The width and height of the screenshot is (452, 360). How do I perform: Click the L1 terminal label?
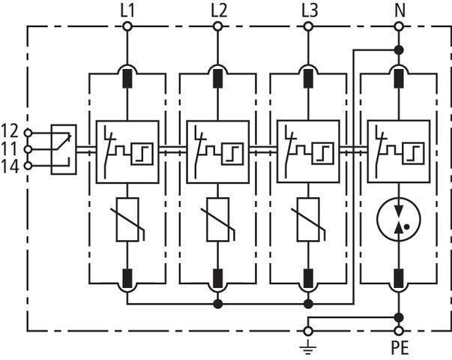click(x=127, y=10)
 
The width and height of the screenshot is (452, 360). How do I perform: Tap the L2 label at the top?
click(x=217, y=10)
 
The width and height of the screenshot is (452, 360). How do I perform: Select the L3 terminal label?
click(x=308, y=10)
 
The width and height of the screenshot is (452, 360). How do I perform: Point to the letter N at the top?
click(x=398, y=10)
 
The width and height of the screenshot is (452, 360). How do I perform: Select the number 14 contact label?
click(x=11, y=166)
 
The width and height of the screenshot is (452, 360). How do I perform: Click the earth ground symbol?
click(x=307, y=347)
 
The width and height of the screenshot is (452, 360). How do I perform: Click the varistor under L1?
click(x=127, y=219)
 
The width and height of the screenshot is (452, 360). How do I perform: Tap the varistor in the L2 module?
click(x=217, y=219)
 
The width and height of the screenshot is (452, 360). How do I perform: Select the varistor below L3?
click(x=308, y=219)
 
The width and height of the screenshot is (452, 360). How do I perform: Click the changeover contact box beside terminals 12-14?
click(x=64, y=149)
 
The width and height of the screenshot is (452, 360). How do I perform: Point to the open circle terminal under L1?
click(x=127, y=27)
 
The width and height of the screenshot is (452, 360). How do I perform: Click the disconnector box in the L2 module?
click(x=217, y=151)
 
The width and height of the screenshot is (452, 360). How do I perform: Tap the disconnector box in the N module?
click(x=398, y=151)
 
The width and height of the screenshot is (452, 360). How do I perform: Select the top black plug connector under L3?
click(x=308, y=76)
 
